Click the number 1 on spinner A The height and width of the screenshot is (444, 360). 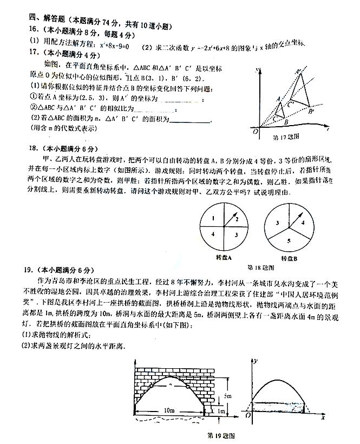coord(214,218)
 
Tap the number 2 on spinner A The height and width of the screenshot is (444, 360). coord(236,217)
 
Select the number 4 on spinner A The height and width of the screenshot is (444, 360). coord(214,234)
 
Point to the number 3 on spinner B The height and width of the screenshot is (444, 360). coord(277,223)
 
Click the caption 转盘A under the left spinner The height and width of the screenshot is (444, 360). coord(224,257)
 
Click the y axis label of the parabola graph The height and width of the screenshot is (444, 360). coord(254,361)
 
